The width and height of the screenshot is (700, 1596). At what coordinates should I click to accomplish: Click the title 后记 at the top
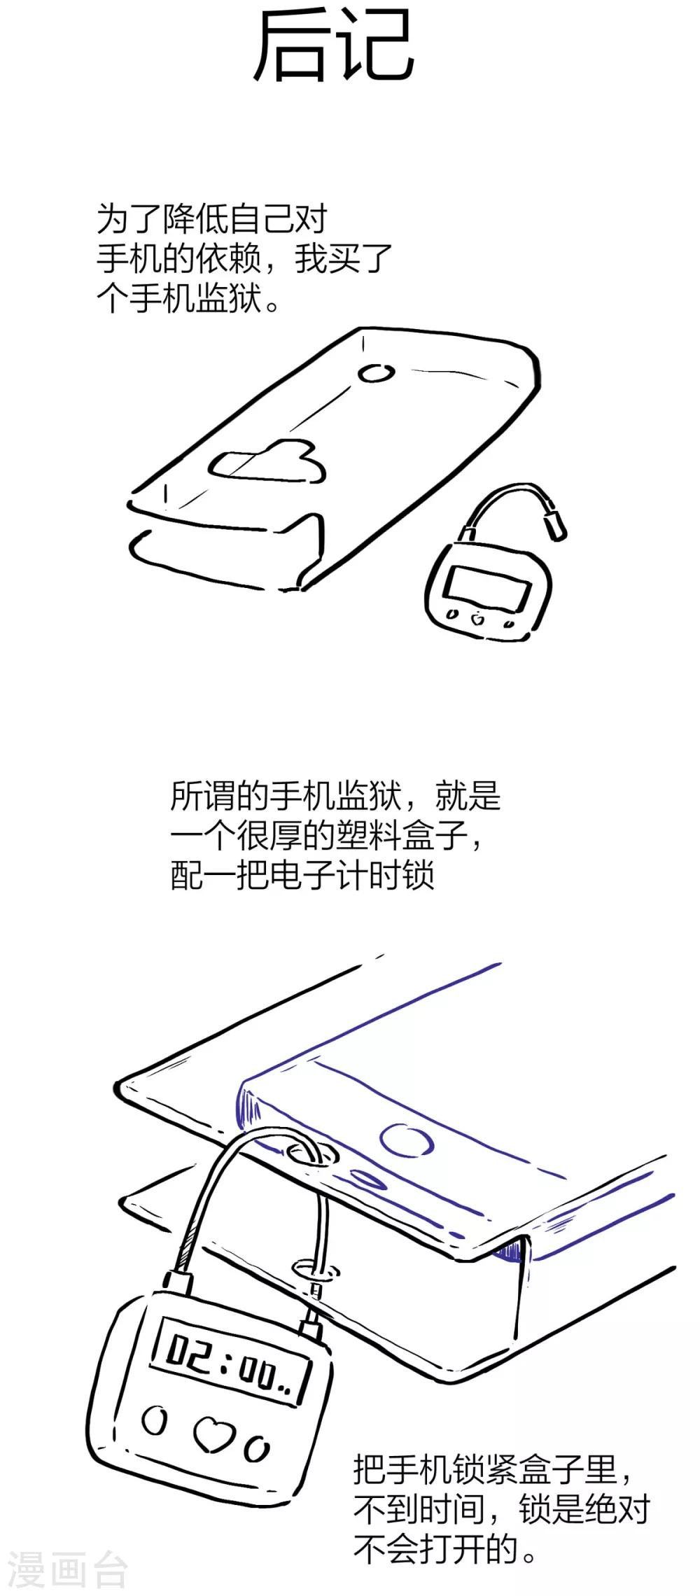point(334,45)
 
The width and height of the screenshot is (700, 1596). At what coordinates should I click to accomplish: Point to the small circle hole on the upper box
point(376,373)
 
